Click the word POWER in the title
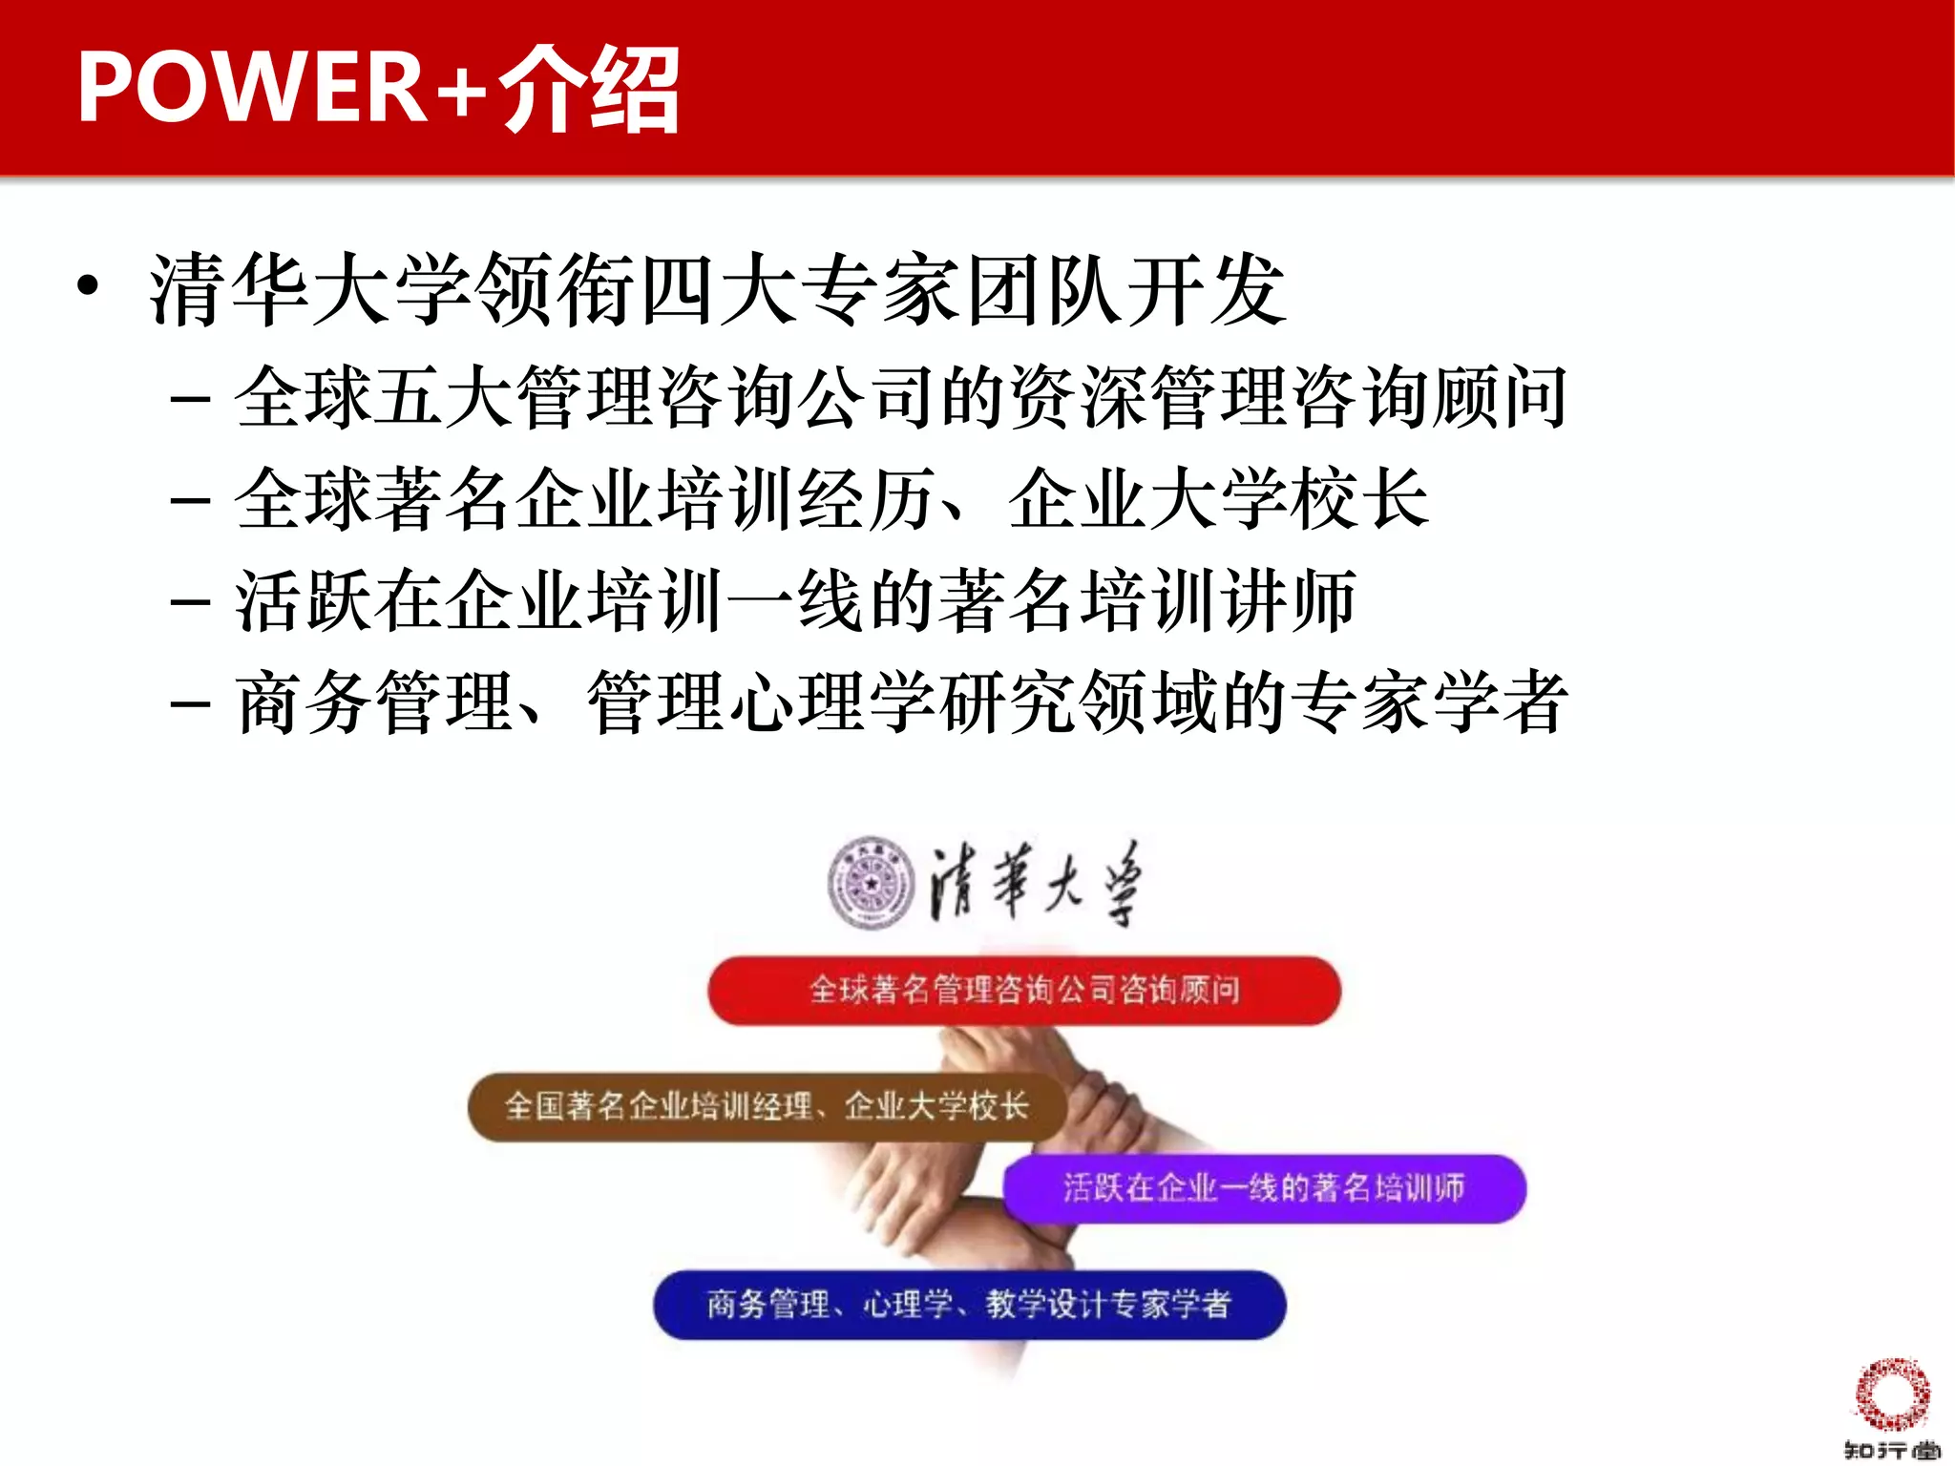point(250,88)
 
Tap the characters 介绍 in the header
point(588,90)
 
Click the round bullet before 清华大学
point(88,285)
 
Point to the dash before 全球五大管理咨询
point(190,397)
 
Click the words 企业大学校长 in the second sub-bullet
point(1218,499)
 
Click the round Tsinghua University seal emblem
point(871,883)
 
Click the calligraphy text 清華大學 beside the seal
point(1037,883)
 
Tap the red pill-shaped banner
point(1023,990)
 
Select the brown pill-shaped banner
point(766,1106)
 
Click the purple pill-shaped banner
point(1264,1188)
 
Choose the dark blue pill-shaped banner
point(968,1304)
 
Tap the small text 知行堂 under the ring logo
point(1891,1450)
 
